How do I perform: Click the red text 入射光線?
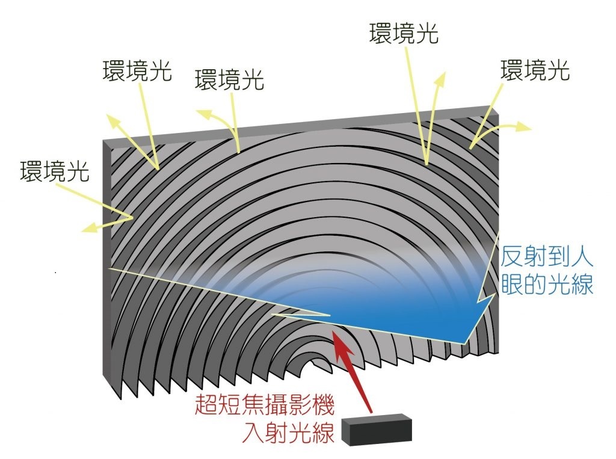click(288, 433)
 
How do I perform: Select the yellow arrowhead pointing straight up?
click(442, 79)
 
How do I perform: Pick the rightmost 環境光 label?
click(535, 70)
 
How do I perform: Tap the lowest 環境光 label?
click(54, 171)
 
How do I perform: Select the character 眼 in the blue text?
click(513, 285)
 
